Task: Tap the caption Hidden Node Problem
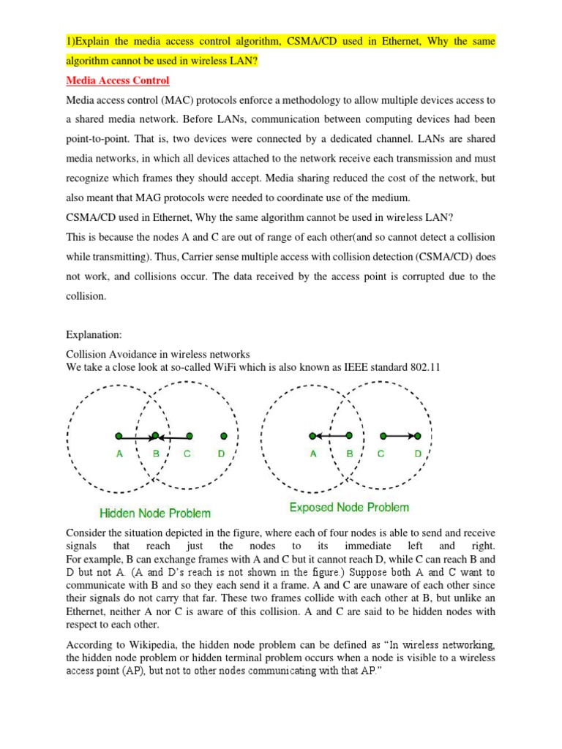(x=154, y=513)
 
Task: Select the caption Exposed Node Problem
(x=349, y=508)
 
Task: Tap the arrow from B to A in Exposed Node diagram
(x=331, y=437)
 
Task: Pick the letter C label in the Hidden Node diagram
(x=187, y=454)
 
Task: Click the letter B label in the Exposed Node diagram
(x=350, y=454)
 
